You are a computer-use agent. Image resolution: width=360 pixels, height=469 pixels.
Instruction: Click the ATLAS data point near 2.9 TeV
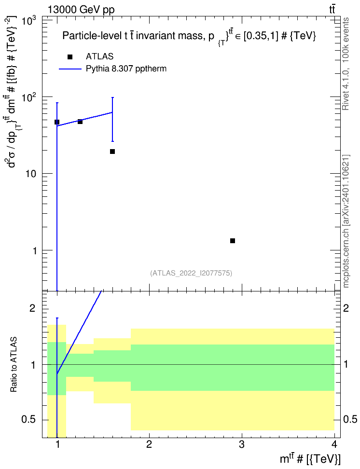233,241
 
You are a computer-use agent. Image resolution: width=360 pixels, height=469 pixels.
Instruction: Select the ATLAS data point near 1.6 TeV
112,152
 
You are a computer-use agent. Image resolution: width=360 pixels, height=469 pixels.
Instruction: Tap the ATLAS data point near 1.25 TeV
80,122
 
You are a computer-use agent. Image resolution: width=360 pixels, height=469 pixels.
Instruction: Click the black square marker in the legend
70,57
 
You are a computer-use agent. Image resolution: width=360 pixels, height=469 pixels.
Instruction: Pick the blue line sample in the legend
70,69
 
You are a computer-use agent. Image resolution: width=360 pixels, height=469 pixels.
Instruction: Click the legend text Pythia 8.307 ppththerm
126,69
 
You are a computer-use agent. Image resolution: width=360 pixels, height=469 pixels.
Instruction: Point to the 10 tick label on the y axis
30,174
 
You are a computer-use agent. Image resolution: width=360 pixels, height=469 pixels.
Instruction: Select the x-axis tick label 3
241,444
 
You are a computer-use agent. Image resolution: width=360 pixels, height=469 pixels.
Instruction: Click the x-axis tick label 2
149,444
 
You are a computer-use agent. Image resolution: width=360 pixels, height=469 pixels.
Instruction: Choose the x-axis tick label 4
334,444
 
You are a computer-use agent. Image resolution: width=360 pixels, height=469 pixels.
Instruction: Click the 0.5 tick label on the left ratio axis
29,420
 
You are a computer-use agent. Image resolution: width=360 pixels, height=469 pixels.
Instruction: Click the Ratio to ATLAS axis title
14,365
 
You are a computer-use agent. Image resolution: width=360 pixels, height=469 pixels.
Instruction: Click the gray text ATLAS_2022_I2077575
191,273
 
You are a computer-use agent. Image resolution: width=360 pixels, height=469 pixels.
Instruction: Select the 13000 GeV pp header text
81,10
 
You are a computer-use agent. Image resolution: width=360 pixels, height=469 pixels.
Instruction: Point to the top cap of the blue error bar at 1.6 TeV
112,97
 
